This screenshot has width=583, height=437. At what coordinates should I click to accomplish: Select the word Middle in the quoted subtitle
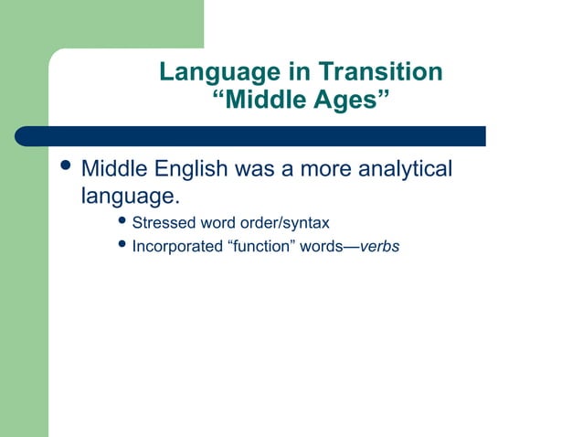268,99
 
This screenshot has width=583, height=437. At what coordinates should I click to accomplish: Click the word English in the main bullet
188,171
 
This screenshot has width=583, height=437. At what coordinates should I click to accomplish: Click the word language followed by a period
129,196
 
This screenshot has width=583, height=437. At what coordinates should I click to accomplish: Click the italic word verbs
380,246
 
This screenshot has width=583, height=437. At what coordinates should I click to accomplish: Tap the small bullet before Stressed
123,222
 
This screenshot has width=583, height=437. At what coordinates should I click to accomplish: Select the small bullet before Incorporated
123,245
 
